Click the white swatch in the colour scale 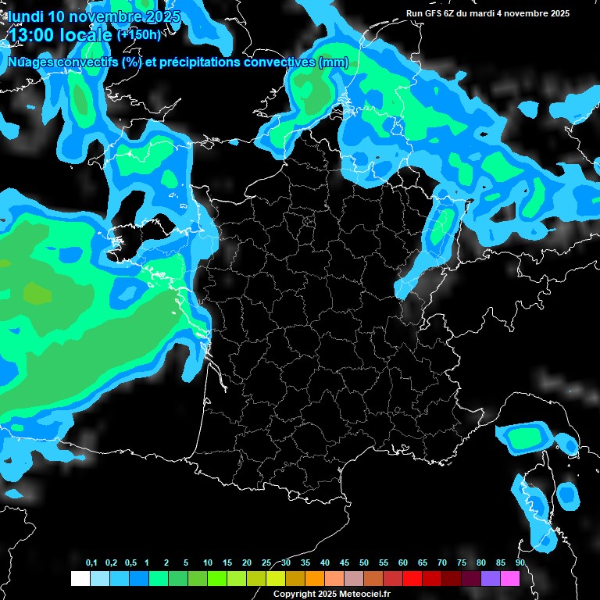click(x=80, y=578)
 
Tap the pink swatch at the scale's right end click(x=510, y=578)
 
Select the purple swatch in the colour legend click(x=491, y=578)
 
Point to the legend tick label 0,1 click(x=91, y=563)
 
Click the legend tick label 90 click(x=520, y=563)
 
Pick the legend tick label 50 click(x=364, y=563)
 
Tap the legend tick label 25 click(x=266, y=563)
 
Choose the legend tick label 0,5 click(x=130, y=563)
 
